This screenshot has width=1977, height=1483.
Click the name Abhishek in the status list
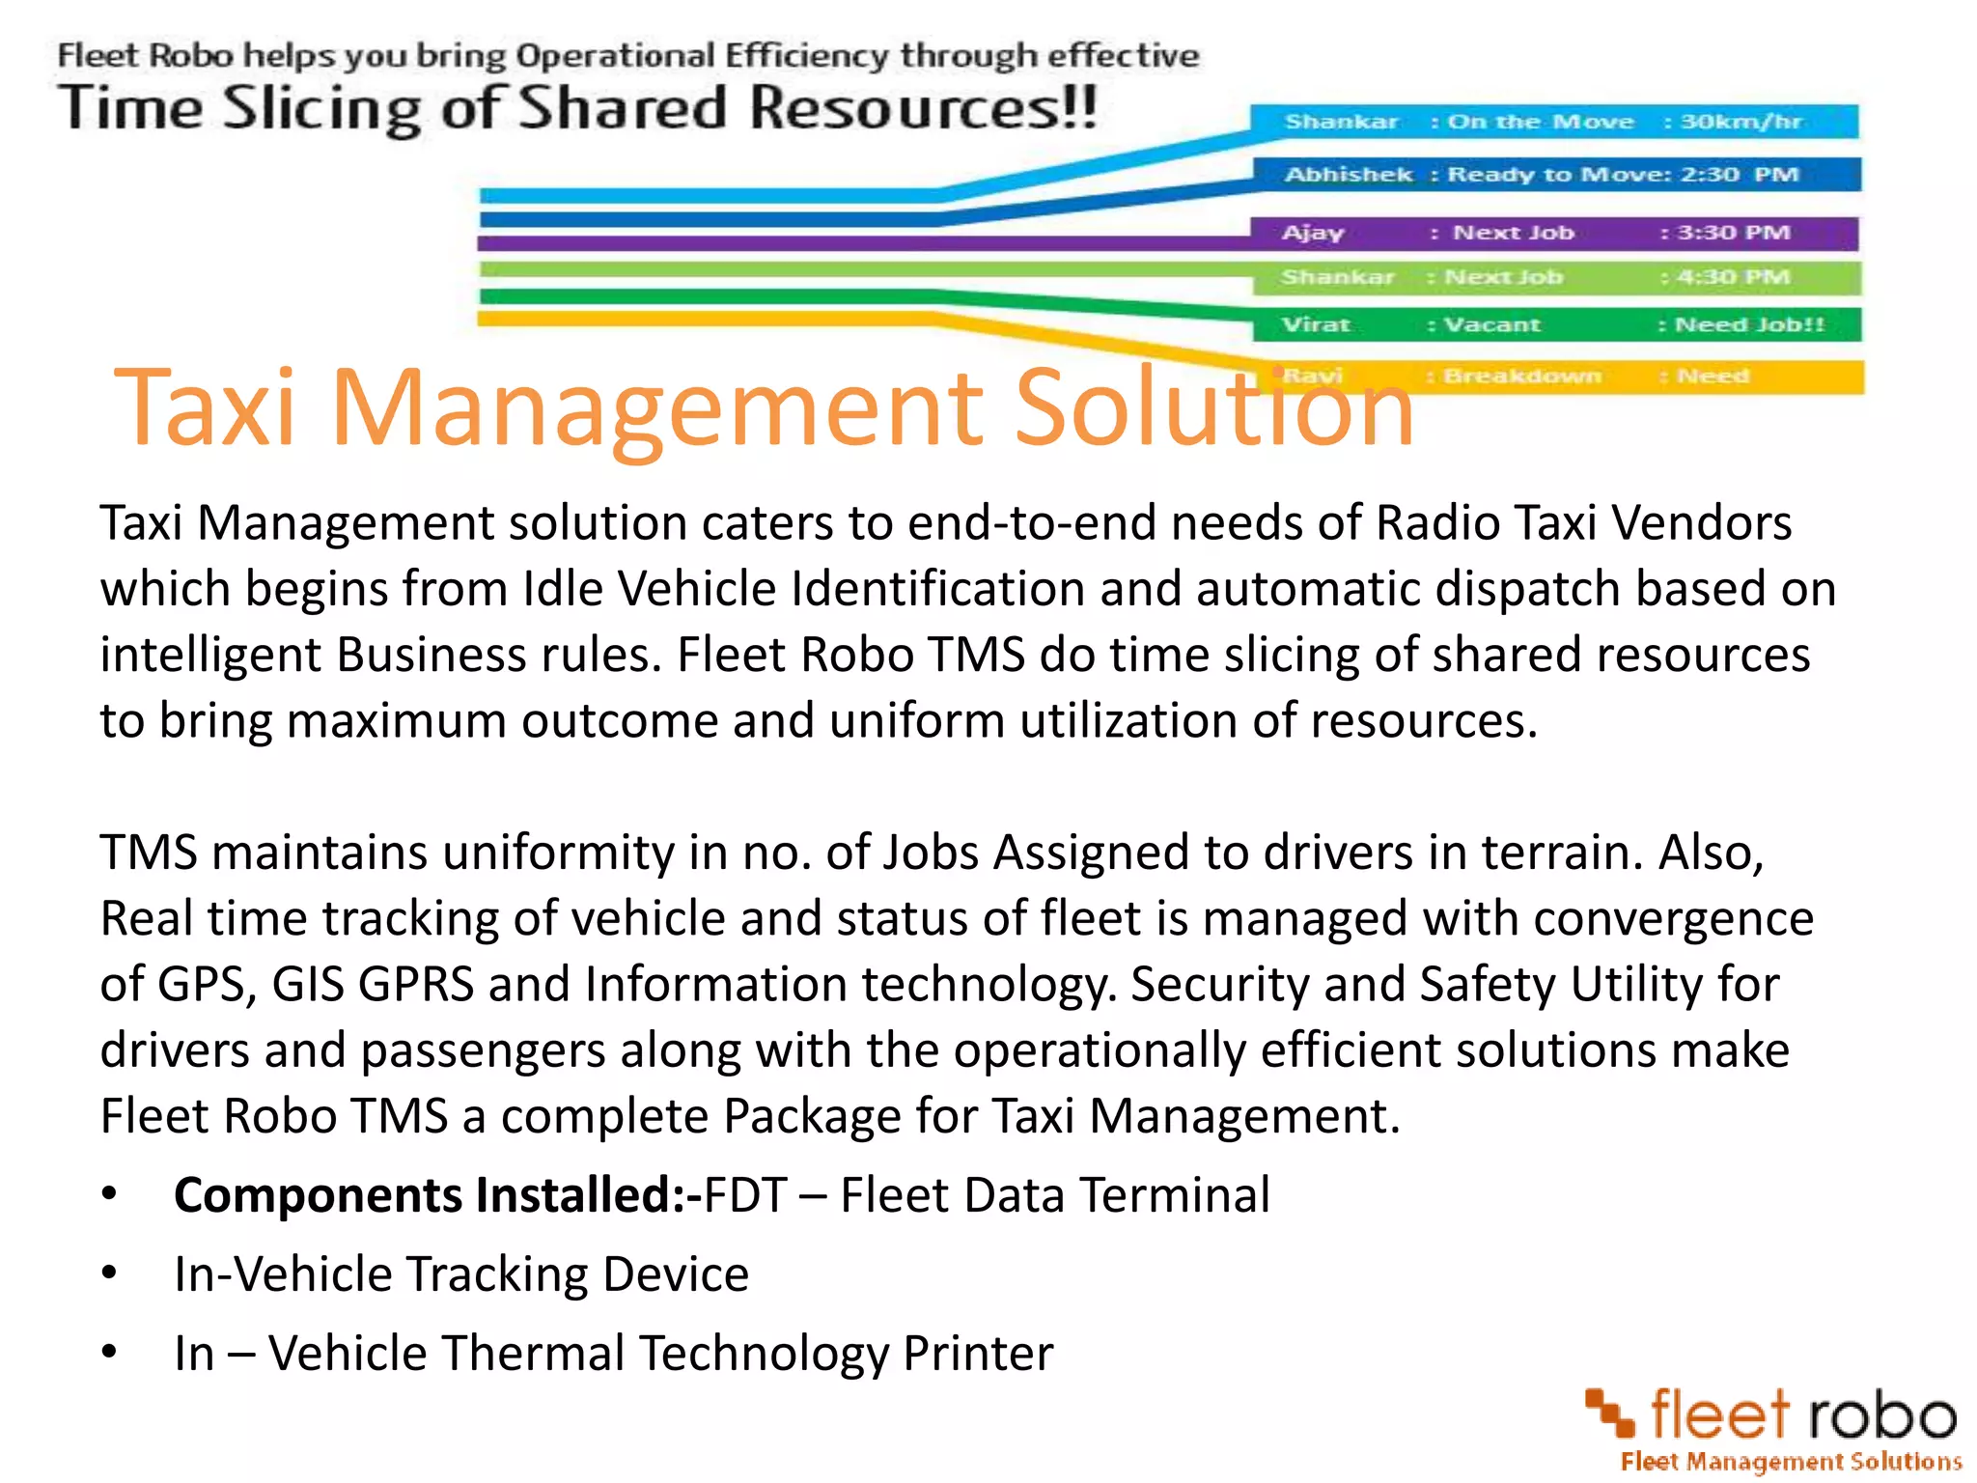[x=1348, y=175]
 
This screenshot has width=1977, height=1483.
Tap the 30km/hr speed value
[x=1740, y=122]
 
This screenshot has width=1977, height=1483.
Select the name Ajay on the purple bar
[x=1313, y=233]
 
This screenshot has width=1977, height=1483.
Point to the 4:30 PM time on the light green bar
[x=1734, y=277]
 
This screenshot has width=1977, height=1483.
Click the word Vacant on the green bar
[x=1491, y=324]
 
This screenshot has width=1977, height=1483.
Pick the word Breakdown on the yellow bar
[x=1522, y=376]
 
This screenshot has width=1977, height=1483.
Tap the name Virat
[x=1316, y=324]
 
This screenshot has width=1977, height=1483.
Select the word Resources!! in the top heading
[x=923, y=107]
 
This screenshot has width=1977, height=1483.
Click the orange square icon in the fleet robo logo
[x=1610, y=1412]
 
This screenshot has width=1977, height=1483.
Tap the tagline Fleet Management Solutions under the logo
[x=1791, y=1462]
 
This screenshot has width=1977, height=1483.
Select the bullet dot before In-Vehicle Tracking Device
[x=110, y=1273]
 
